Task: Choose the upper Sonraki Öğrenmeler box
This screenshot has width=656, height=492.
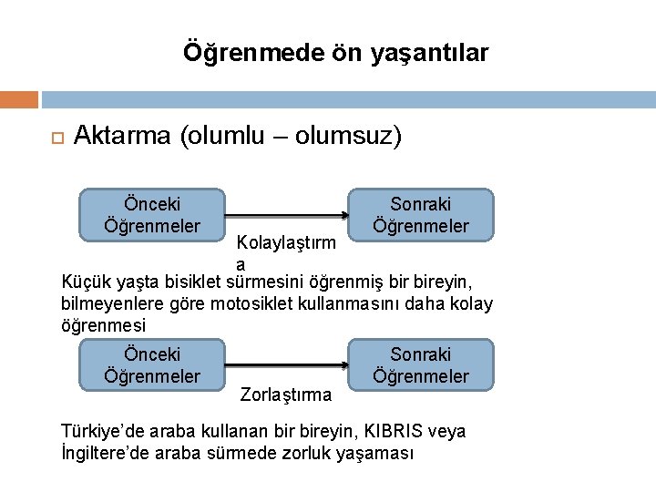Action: pyautogui.click(x=421, y=215)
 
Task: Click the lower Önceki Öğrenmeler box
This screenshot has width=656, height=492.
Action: pyautogui.click(x=152, y=364)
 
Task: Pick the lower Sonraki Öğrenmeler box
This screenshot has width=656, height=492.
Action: pyautogui.click(x=421, y=364)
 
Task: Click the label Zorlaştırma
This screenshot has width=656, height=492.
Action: pyautogui.click(x=285, y=395)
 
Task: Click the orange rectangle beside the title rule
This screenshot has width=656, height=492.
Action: pyautogui.click(x=19, y=99)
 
